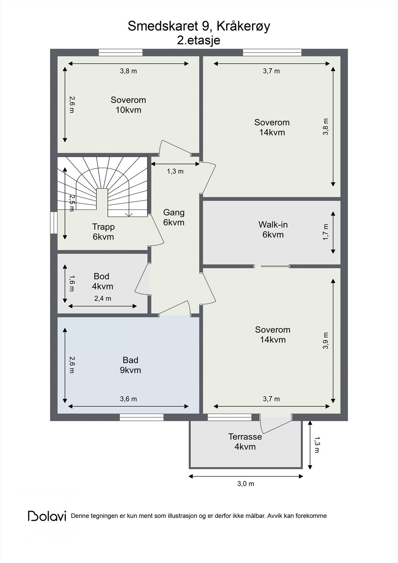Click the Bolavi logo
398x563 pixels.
coord(47,516)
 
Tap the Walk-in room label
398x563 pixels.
coord(273,229)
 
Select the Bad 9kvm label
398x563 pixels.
coord(130,365)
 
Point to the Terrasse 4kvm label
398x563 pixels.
coord(245,442)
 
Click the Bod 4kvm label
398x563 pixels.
coord(102,281)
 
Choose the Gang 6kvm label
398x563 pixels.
coord(174,217)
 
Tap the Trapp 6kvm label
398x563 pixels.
coord(103,232)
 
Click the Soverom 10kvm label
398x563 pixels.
coord(128,105)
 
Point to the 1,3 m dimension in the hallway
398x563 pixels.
coord(175,171)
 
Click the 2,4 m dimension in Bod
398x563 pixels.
coord(103,298)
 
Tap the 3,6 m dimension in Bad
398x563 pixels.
coord(128,399)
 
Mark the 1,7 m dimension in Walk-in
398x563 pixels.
coord(326,232)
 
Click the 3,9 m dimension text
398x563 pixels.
coord(326,341)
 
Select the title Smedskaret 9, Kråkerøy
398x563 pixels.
coord(199,26)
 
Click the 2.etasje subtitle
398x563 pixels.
coord(198,40)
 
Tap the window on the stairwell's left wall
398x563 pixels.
coord(53,223)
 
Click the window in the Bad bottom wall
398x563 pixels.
coord(141,417)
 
